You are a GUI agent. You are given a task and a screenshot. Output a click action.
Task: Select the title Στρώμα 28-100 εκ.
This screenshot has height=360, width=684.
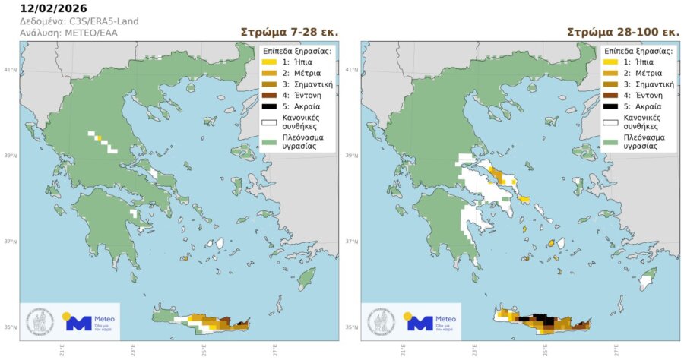pos(623,33)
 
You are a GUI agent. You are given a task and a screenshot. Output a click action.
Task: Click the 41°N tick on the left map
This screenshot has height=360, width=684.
pos(11,69)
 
